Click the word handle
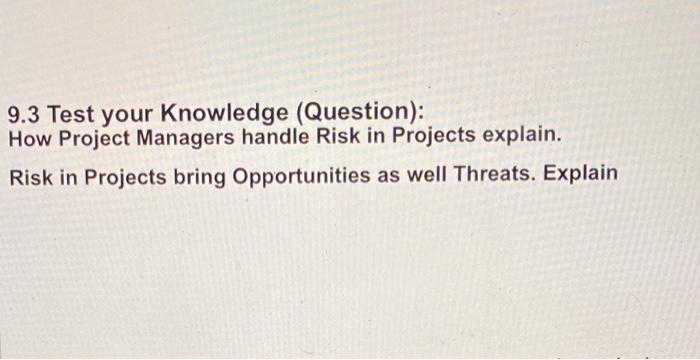[275, 136]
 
